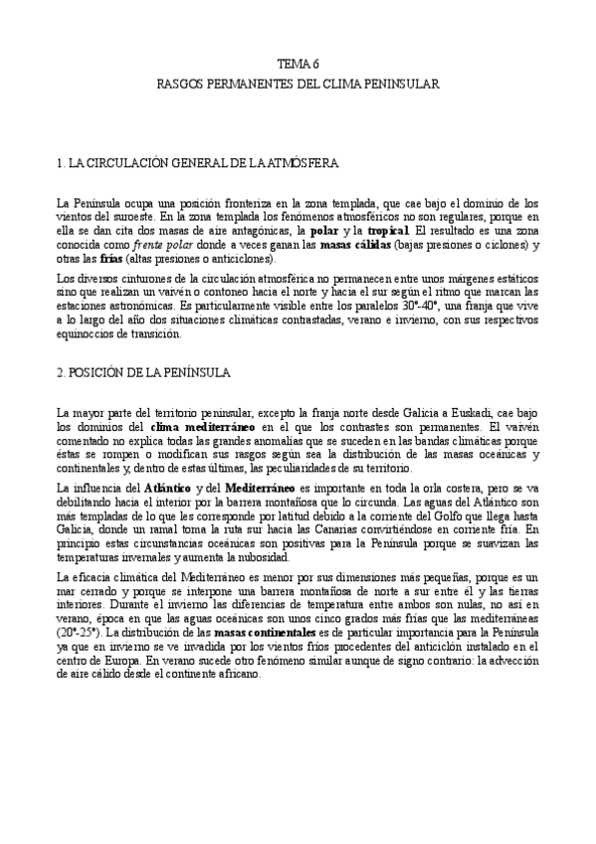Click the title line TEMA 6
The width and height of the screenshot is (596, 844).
(x=298, y=63)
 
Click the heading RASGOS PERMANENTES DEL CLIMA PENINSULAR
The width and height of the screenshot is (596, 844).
(x=298, y=86)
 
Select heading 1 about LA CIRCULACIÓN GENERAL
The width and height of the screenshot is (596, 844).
(x=198, y=161)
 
